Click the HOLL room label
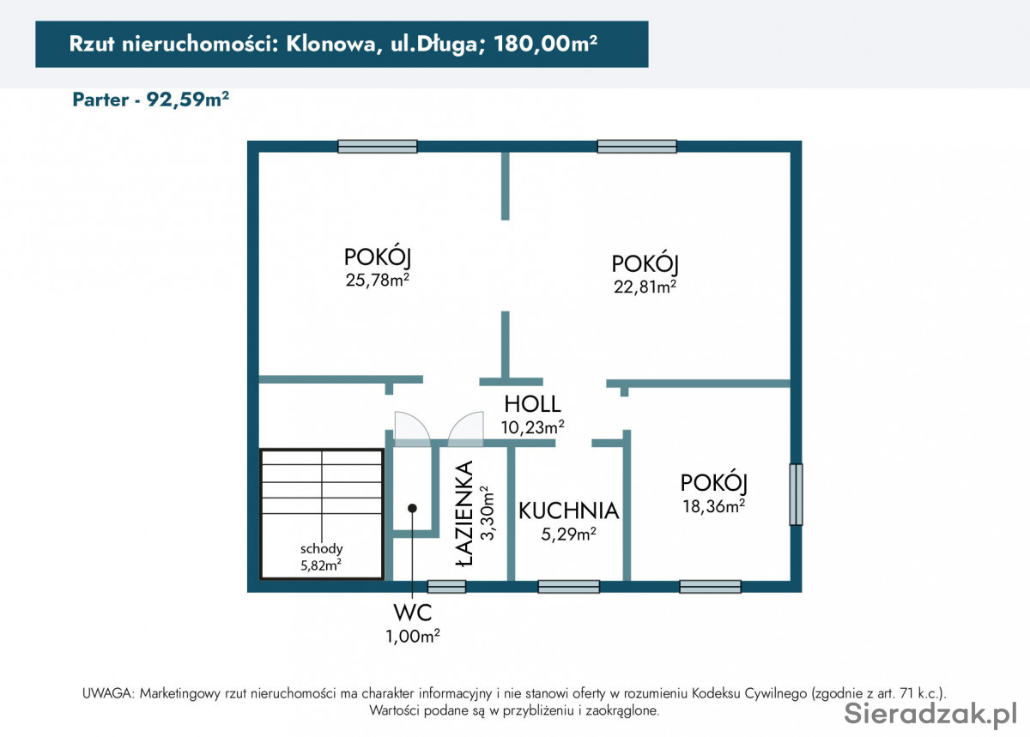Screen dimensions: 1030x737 [x=532, y=404]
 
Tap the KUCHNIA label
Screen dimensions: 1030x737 [x=569, y=510]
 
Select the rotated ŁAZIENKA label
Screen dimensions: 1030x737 [x=464, y=513]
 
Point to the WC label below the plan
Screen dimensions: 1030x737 [x=413, y=613]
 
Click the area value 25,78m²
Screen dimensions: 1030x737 [x=378, y=280]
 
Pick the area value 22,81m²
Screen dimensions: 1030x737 [x=645, y=287]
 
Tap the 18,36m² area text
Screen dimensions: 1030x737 [x=713, y=506]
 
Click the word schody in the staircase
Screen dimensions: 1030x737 [x=321, y=548]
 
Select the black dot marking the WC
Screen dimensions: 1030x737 [x=413, y=508]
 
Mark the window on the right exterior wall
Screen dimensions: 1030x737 [x=796, y=494]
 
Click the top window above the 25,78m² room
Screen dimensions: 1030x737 [x=378, y=146]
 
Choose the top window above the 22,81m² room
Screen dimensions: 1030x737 [x=637, y=146]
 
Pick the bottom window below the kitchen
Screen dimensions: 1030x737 [x=569, y=587]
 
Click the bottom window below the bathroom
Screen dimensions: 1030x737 [x=446, y=587]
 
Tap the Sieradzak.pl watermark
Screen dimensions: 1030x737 [x=930, y=714]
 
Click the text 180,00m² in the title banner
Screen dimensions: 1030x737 [x=545, y=44]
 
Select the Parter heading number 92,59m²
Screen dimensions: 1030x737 [x=188, y=100]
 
